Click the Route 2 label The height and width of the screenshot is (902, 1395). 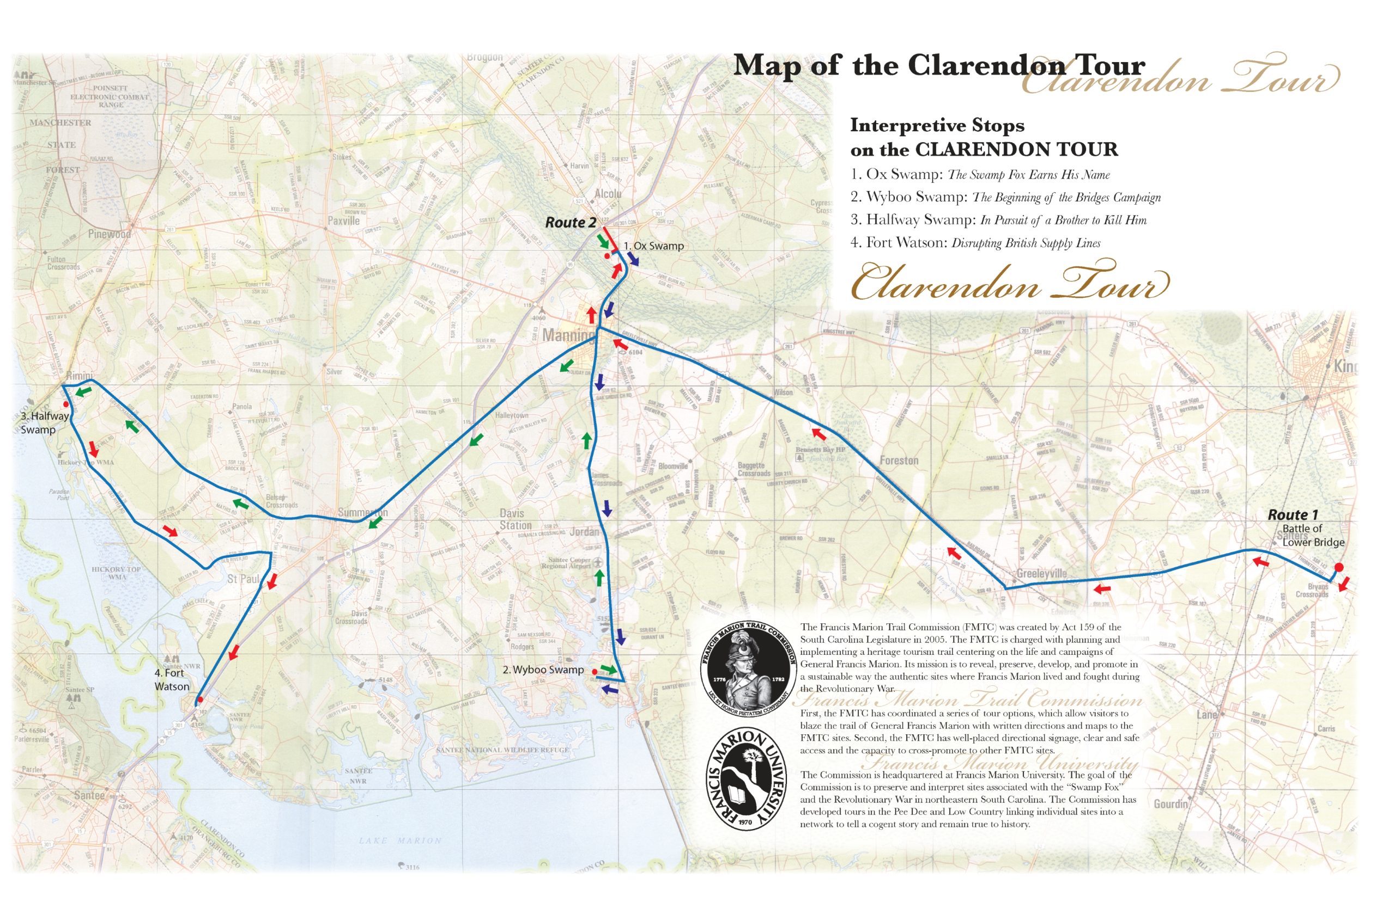click(x=571, y=223)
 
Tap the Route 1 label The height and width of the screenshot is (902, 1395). click(x=1293, y=515)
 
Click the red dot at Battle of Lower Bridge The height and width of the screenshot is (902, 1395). click(x=1339, y=567)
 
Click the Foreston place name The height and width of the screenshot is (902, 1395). click(x=899, y=461)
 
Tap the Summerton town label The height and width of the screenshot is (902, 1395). click(x=362, y=512)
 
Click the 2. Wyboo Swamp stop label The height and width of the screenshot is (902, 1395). click(x=543, y=670)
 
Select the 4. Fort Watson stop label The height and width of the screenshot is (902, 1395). click(x=171, y=680)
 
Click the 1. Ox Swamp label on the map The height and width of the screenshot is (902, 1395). click(x=653, y=246)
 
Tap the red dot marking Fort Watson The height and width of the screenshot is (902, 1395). click(x=199, y=699)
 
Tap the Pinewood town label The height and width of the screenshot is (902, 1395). click(x=110, y=234)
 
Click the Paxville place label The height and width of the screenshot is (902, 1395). click(x=343, y=221)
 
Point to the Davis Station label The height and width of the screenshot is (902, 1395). click(x=515, y=519)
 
